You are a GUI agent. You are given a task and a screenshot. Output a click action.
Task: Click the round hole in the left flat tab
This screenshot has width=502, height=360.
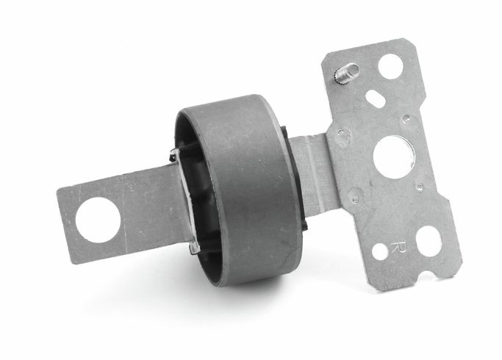98,220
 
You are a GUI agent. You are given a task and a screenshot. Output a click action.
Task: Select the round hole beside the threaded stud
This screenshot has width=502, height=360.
390,66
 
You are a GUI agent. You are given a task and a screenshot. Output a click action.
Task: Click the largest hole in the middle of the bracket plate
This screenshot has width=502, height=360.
392,156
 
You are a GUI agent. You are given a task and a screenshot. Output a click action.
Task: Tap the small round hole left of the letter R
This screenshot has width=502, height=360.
380,251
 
